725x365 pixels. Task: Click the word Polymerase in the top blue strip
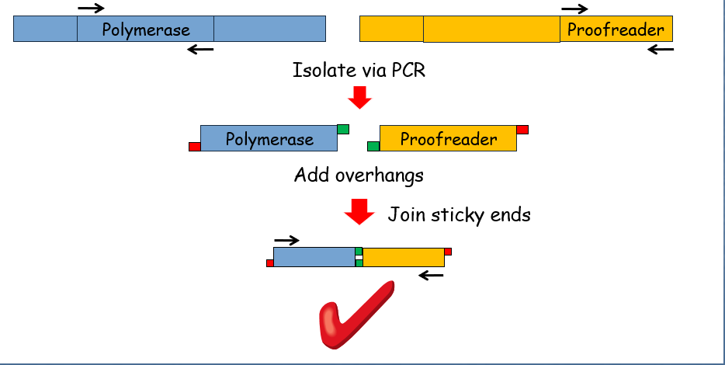[x=146, y=30]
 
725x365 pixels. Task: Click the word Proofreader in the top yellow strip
[x=616, y=30]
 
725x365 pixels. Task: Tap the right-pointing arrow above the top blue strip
[x=91, y=8]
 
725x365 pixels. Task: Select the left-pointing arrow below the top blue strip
[x=200, y=49]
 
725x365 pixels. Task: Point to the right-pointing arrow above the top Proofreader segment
[x=574, y=9]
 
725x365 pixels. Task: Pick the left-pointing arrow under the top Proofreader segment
[x=661, y=49]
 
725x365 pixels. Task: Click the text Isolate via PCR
[x=359, y=71]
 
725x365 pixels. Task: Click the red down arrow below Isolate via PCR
[x=359, y=97]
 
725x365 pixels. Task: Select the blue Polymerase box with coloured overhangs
[x=269, y=138]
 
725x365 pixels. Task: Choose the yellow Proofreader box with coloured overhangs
[x=448, y=138]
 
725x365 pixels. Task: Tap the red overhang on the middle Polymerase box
[x=195, y=147]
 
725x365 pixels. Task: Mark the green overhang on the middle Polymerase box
[x=343, y=129]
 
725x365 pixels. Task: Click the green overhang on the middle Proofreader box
[x=373, y=147]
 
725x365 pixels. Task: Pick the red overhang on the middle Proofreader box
[x=522, y=130]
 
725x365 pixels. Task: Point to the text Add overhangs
[x=359, y=176]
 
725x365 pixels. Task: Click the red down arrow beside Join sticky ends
[x=359, y=212]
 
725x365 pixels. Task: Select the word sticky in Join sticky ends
[x=457, y=215]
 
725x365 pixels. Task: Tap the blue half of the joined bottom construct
[x=314, y=257]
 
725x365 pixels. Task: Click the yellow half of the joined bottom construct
[x=404, y=257]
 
